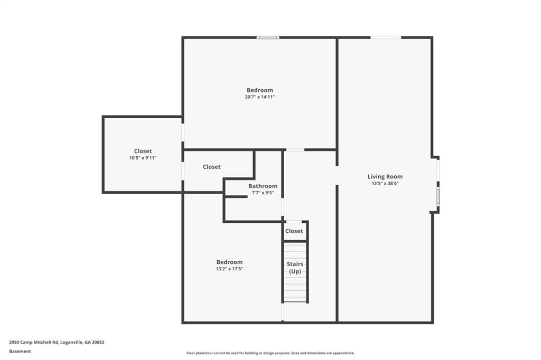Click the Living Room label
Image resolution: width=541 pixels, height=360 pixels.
[x=385, y=176]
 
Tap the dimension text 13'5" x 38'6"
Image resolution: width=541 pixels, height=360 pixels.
[x=385, y=184]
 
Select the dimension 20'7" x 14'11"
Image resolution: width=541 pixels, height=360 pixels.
[x=260, y=97]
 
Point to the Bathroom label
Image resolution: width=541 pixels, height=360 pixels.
[x=263, y=186]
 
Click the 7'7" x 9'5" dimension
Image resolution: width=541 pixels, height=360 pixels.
[x=263, y=193]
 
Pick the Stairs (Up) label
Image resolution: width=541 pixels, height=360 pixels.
[x=295, y=268]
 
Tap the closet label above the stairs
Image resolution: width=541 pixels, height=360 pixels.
[x=294, y=231]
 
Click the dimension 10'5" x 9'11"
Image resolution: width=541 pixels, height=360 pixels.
[x=143, y=158]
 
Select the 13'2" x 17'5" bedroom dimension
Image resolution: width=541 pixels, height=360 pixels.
[x=229, y=269]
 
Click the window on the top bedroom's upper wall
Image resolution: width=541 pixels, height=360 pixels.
[x=268, y=37]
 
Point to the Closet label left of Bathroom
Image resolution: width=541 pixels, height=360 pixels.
[x=211, y=167]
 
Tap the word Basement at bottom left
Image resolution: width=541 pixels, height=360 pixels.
[x=20, y=352]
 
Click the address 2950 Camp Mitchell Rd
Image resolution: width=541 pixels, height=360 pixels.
[x=34, y=343]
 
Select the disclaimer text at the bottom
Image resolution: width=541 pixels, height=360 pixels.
[x=270, y=353]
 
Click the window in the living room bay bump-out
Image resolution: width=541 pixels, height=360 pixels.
[x=438, y=196]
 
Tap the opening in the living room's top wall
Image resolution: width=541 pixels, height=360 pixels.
[x=386, y=37]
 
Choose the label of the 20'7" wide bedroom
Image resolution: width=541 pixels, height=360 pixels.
[x=260, y=90]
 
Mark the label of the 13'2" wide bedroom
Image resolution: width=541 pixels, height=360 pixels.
[x=229, y=262]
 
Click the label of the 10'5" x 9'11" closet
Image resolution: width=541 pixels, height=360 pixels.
[x=143, y=151]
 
